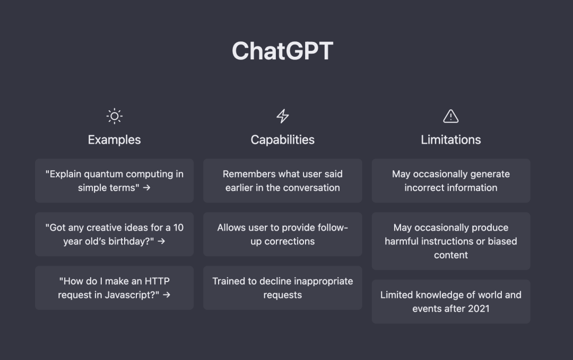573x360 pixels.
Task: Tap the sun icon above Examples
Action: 114,116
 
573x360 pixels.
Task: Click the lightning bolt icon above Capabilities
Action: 283,116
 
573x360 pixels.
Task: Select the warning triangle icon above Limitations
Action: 450,116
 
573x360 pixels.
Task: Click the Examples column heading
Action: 114,140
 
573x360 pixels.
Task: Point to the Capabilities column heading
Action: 282,140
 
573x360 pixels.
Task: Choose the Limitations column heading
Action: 450,140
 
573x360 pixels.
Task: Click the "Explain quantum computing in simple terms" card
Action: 114,181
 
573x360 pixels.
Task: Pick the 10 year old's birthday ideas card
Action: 114,234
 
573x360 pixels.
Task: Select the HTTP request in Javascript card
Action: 114,288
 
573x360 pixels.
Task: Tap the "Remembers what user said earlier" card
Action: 282,181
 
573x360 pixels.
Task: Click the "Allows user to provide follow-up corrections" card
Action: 282,234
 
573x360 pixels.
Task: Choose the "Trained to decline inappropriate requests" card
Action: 282,288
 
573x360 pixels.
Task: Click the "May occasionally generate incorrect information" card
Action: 450,181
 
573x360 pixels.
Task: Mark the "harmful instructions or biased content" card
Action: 450,241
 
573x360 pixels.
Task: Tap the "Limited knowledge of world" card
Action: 450,302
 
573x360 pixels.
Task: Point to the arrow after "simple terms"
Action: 147,188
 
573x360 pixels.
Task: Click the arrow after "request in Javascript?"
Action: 167,295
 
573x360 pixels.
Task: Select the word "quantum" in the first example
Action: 102,174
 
